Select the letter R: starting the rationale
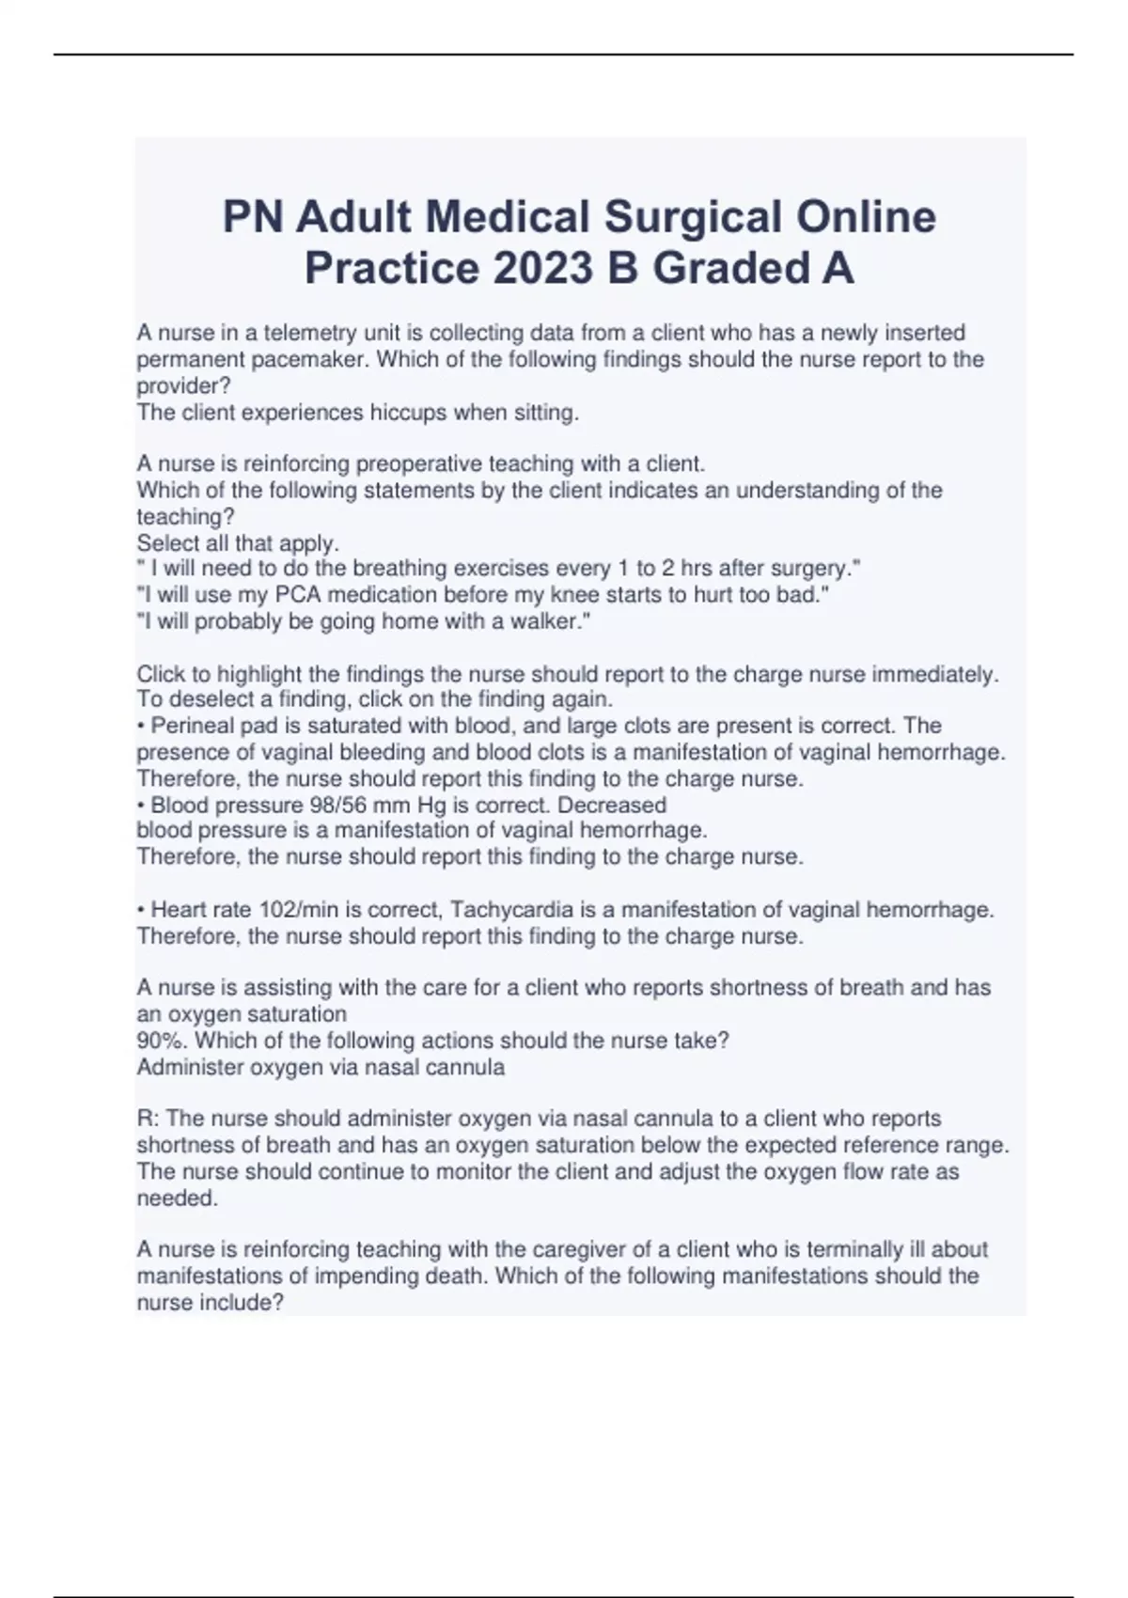coord(148,1119)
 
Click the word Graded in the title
coord(732,269)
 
